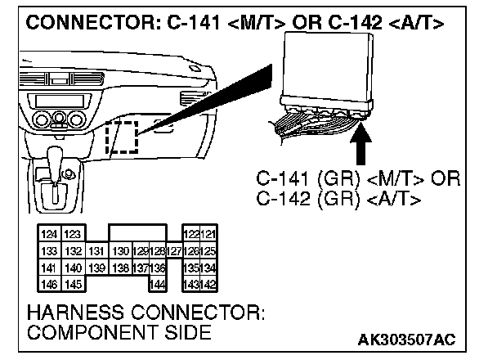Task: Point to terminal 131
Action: click(x=96, y=251)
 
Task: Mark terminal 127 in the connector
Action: click(x=173, y=251)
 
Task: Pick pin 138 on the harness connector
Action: click(x=120, y=267)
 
